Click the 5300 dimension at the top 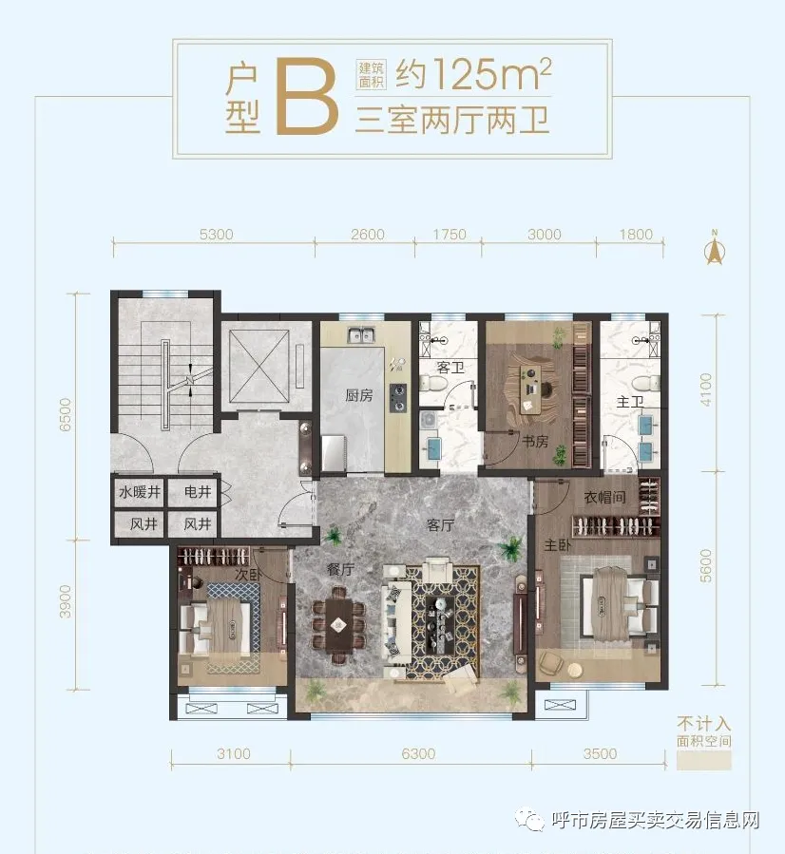point(217,235)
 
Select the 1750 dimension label point(450,235)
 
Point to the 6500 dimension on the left point(65,415)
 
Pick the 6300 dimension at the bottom point(418,754)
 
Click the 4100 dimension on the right point(705,389)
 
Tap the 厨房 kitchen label point(359,395)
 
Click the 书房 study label point(535,441)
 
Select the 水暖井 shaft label point(140,492)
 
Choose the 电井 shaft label point(198,492)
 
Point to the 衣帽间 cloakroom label point(604,497)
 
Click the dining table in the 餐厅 point(337,625)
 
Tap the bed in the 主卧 point(617,604)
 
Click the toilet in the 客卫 point(435,384)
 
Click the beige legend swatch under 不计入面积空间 point(704,760)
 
